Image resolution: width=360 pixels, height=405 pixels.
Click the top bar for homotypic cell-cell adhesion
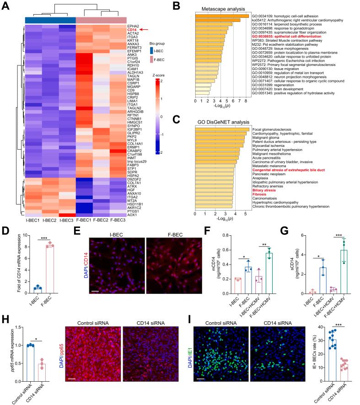(x=222, y=17)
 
